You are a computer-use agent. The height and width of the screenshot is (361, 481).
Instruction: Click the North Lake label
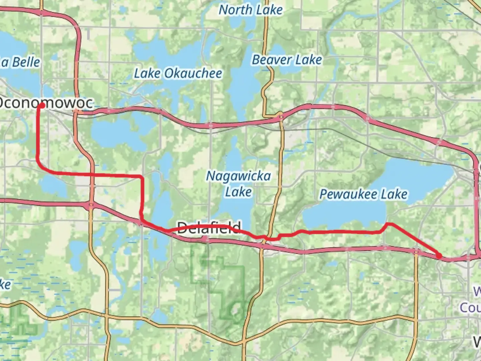coord(251,10)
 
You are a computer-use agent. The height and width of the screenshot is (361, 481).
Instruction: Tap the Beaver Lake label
coord(287,60)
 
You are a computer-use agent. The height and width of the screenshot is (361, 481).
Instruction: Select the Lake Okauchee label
coord(178,74)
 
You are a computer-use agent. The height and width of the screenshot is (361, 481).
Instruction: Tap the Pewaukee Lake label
coord(363,194)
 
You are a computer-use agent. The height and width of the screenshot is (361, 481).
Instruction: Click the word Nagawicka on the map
coord(238,176)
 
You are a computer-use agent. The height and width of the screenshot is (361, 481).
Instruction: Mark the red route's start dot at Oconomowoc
coord(42,106)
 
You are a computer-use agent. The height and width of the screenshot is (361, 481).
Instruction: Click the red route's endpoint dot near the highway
coord(439,256)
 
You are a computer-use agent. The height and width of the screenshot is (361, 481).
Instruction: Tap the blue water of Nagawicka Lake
coord(234,211)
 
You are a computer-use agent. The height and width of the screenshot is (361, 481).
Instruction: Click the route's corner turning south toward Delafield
coord(142,176)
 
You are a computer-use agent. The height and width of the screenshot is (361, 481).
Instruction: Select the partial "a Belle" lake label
coord(20,63)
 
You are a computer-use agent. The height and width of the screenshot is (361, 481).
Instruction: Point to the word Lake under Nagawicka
coord(238,192)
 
